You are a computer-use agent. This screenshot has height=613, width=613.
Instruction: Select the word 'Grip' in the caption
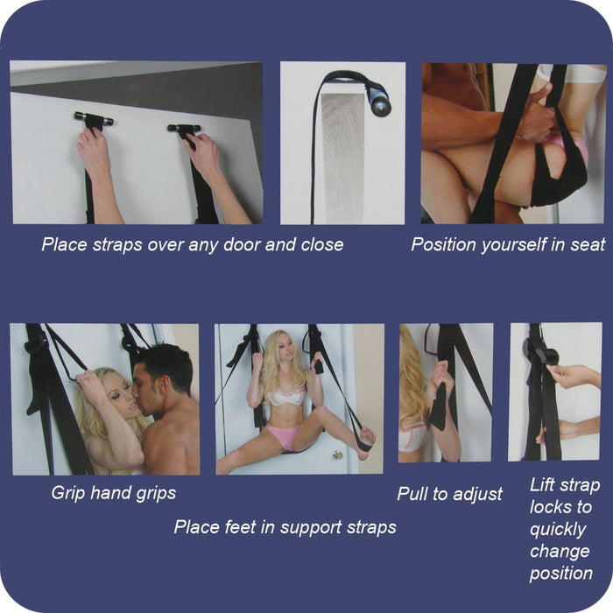coord(68,493)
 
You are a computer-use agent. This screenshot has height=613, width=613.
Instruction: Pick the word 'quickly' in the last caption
coord(558,530)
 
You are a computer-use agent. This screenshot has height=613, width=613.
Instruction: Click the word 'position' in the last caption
coord(561,574)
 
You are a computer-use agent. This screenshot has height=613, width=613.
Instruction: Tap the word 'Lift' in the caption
coord(542,485)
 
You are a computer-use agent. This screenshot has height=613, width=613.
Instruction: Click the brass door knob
coord(337,454)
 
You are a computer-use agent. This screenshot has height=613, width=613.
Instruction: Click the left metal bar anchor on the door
coord(94,117)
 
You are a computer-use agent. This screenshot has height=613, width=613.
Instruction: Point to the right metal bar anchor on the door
coord(184,128)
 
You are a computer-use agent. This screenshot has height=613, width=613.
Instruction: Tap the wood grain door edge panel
coord(343,159)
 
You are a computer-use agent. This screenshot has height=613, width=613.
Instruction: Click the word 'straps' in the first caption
coord(117,245)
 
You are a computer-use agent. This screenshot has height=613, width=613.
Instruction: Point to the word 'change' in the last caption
coord(560,552)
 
